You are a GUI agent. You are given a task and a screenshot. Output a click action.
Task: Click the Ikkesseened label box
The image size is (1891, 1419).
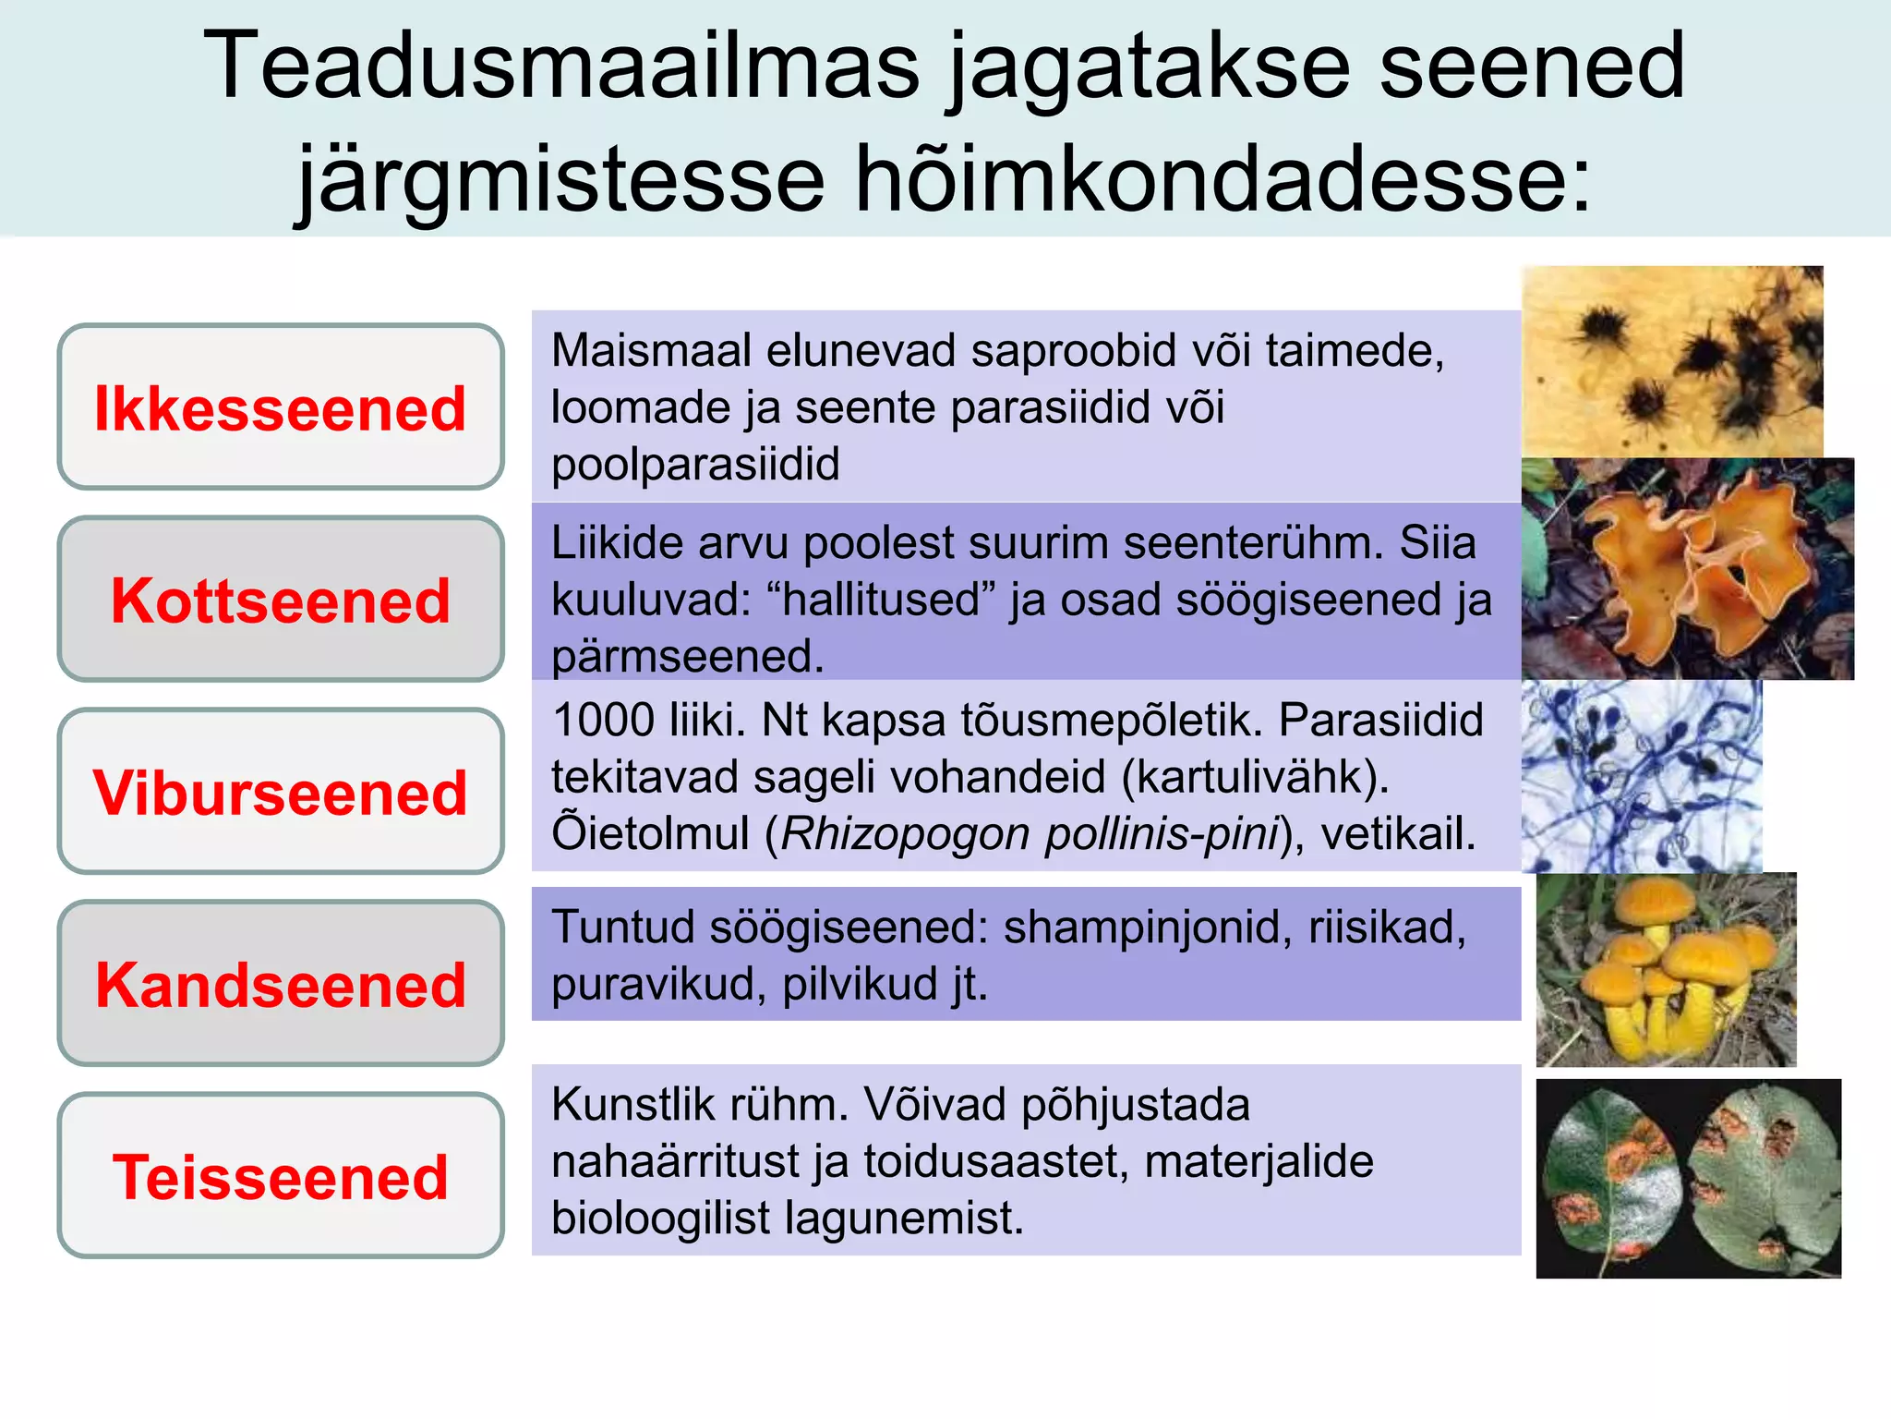(281, 406)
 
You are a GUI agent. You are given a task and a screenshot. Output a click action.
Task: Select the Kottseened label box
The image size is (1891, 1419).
(281, 600)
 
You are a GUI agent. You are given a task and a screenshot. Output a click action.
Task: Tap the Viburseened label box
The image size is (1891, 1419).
(281, 792)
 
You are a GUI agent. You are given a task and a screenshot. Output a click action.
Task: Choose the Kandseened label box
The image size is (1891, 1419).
(281, 984)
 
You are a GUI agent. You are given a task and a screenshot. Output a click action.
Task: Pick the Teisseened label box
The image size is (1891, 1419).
(281, 1176)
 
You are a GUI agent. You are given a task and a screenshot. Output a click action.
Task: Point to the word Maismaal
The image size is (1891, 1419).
(648, 351)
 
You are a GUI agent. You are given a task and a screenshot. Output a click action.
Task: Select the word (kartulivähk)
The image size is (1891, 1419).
(1255, 777)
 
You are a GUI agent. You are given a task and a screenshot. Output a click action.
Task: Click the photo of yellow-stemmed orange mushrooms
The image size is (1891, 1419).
(1666, 969)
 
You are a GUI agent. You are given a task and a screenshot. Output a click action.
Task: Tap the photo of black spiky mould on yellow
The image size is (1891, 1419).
(1672, 361)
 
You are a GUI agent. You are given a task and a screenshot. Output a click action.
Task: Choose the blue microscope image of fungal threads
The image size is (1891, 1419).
(1641, 776)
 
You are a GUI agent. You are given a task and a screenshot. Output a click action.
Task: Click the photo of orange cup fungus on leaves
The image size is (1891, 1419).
(1687, 569)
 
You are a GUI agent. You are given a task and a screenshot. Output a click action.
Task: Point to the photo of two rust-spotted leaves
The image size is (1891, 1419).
(1688, 1178)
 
